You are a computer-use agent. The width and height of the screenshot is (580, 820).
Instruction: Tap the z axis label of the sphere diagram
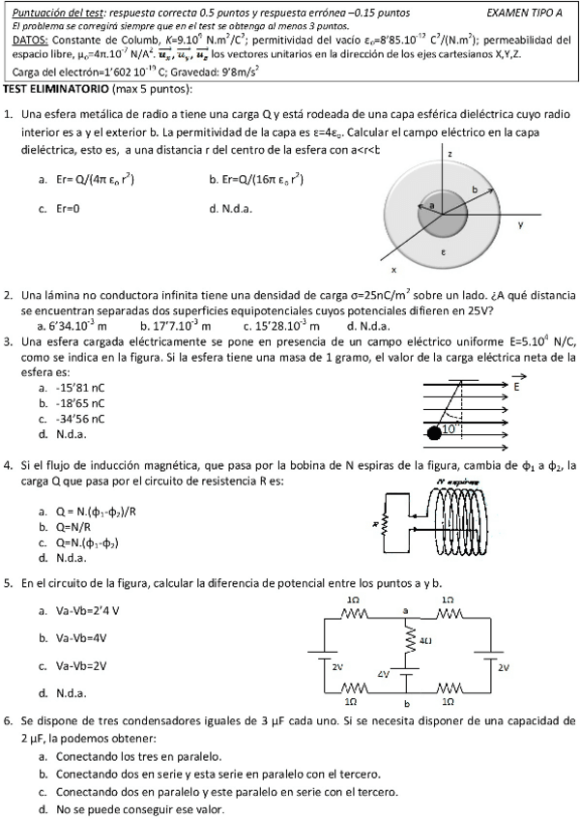[x=450, y=154]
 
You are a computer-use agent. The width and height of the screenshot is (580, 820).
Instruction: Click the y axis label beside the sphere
[x=520, y=224]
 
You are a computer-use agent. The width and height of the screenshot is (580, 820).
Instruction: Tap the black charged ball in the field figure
[x=435, y=433]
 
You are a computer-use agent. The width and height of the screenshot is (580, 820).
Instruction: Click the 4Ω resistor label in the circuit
[x=424, y=640]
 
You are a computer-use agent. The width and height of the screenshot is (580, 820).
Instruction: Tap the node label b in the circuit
[x=407, y=703]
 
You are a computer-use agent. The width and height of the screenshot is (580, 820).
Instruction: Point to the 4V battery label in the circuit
[x=384, y=673]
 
